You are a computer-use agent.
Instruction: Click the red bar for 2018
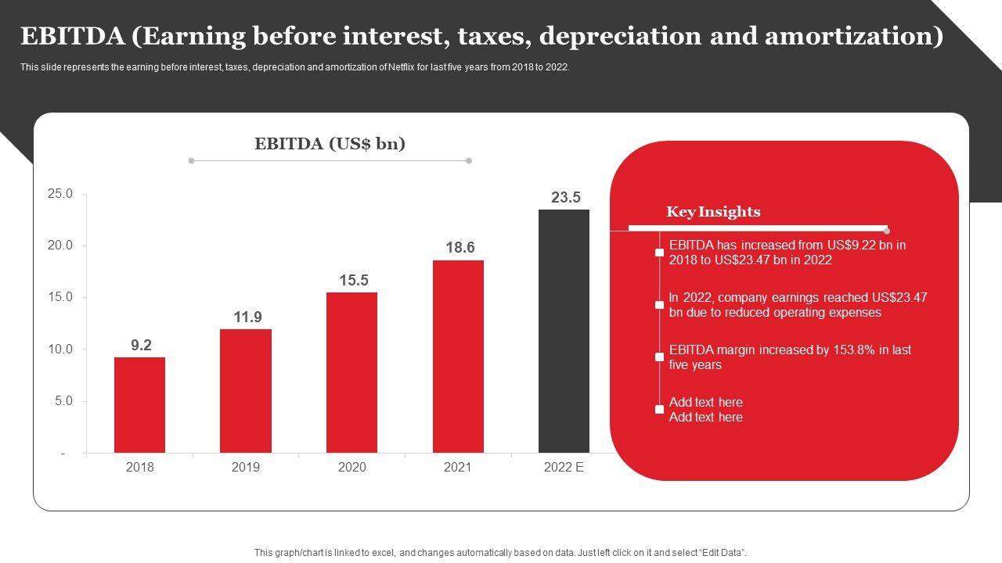click(139, 404)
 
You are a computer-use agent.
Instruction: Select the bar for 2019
click(246, 390)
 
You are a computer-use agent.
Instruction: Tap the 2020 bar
click(351, 372)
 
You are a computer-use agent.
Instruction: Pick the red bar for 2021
click(458, 356)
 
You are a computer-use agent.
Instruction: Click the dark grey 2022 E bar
click(564, 331)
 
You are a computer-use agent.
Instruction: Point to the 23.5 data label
click(565, 198)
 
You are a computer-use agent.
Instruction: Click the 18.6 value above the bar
click(460, 248)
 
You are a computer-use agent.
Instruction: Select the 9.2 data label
click(141, 345)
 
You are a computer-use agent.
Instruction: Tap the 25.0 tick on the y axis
click(59, 194)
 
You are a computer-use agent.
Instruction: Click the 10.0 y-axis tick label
click(59, 350)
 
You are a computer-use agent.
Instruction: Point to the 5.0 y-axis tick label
click(62, 401)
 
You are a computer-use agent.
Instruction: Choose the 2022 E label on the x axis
click(564, 468)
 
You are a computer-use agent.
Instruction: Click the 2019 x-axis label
click(246, 468)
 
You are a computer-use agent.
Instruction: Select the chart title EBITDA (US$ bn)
click(330, 144)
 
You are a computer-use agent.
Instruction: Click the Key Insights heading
click(713, 212)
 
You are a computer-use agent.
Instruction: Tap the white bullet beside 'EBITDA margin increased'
click(660, 357)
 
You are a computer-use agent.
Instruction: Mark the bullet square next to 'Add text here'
click(660, 410)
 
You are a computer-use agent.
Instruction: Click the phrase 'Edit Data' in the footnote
click(719, 553)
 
